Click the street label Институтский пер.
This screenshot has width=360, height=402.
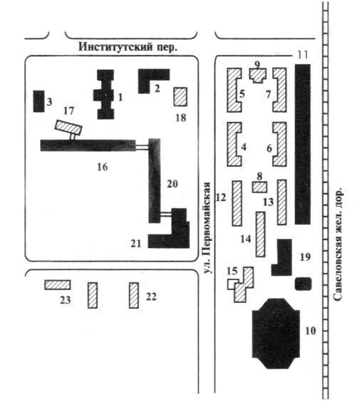[128, 47]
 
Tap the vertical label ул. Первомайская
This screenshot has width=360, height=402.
[207, 228]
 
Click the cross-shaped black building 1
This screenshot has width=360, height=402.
[106, 94]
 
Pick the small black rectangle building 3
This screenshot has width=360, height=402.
[38, 101]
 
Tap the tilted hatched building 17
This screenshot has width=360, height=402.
[68, 128]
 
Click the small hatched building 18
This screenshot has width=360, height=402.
[180, 97]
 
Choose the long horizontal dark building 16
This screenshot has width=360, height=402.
[88, 145]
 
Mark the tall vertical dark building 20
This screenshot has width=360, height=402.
[155, 181]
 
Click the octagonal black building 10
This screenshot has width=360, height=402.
[276, 334]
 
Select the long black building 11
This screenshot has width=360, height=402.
[302, 144]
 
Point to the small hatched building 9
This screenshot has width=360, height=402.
[258, 76]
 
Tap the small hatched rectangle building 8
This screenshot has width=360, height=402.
[259, 187]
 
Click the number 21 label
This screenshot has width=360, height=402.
[136, 243]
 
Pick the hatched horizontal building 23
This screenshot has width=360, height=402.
[58, 285]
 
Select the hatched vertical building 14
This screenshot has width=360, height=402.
[260, 234]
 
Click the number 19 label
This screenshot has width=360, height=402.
[305, 257]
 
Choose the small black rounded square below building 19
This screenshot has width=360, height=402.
[304, 284]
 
